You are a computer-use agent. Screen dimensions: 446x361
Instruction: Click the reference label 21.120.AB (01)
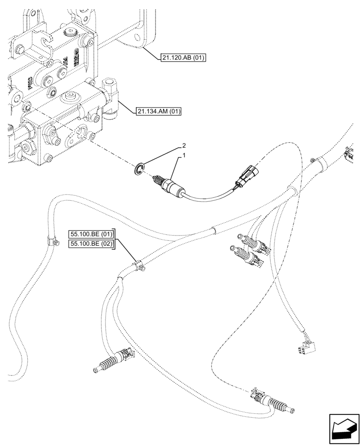[x=181, y=58]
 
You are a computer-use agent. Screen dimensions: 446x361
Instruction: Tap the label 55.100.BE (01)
[x=91, y=234]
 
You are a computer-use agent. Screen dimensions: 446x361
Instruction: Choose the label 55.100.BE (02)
[x=91, y=244]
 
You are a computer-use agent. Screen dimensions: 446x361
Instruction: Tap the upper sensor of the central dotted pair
[x=252, y=244]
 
